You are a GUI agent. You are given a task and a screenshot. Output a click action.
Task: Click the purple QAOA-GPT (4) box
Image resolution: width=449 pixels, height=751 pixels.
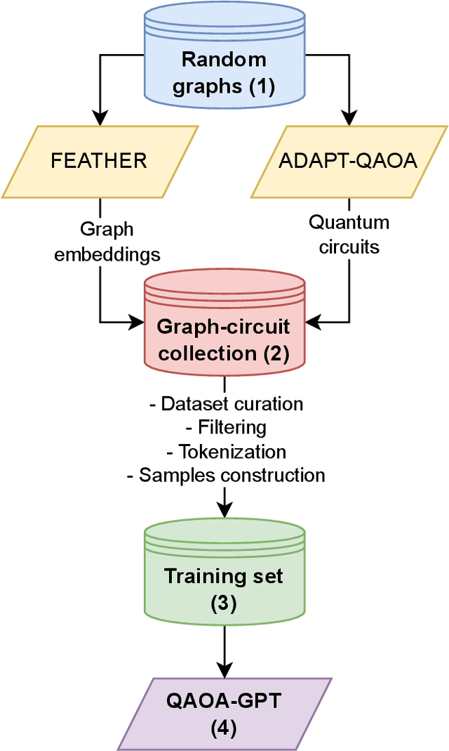tap(224, 713)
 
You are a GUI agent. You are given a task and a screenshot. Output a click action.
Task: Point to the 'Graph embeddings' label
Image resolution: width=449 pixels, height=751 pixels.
tap(107, 242)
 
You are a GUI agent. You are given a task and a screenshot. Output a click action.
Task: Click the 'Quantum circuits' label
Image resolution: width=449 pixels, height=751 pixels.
tap(349, 235)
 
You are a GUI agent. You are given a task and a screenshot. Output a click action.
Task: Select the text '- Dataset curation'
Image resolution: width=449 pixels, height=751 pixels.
tap(226, 404)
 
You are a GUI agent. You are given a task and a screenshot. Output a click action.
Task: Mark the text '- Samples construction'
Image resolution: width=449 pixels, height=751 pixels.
tap(225, 475)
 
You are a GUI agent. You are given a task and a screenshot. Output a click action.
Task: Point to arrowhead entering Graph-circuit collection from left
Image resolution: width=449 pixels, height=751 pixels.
tap(137, 323)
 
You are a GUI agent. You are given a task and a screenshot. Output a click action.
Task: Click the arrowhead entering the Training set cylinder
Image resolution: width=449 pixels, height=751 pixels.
tap(224, 516)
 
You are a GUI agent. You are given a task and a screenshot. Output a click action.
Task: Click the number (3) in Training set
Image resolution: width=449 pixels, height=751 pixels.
tap(224, 603)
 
